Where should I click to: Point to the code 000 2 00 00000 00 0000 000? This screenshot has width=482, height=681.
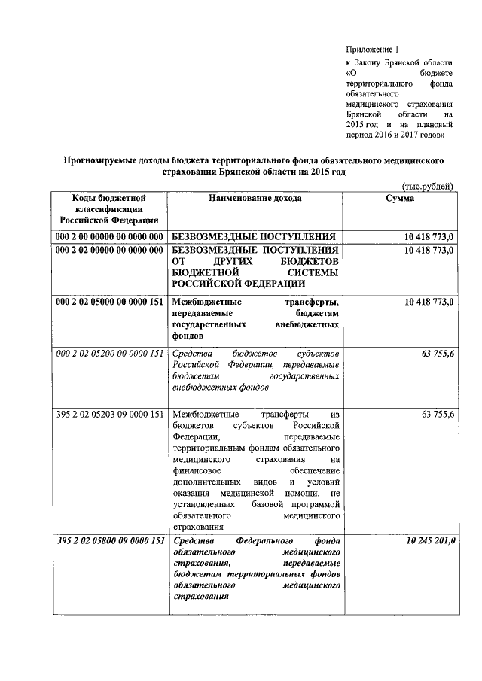click(110, 236)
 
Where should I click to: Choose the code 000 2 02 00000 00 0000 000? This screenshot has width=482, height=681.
click(110, 250)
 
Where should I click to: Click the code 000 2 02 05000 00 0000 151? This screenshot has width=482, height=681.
click(110, 302)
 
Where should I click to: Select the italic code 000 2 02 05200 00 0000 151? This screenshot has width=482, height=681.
click(110, 354)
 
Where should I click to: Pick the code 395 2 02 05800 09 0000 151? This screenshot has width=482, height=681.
click(110, 541)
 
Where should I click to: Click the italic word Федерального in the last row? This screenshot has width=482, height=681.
click(267, 541)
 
